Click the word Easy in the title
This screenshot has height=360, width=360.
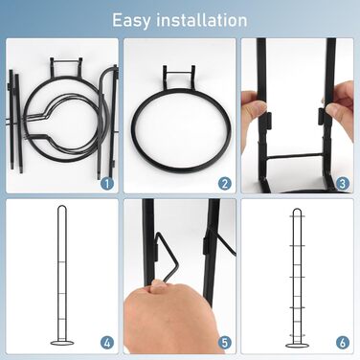click(x=131, y=20)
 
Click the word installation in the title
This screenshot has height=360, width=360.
click(x=202, y=20)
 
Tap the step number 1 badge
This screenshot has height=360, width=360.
click(x=107, y=184)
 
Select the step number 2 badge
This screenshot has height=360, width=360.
click(x=225, y=184)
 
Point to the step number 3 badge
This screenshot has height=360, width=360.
click(x=343, y=184)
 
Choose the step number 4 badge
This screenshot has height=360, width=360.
click(x=107, y=343)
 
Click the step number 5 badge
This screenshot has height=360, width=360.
click(x=225, y=343)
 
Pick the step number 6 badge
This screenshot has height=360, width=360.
click(x=343, y=343)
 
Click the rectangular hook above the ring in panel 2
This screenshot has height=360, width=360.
click(x=179, y=74)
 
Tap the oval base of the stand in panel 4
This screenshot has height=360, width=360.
click(x=62, y=343)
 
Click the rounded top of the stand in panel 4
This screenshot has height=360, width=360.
click(x=62, y=208)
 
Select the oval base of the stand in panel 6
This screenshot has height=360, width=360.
click(x=298, y=346)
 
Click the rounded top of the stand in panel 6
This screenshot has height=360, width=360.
click(x=297, y=211)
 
